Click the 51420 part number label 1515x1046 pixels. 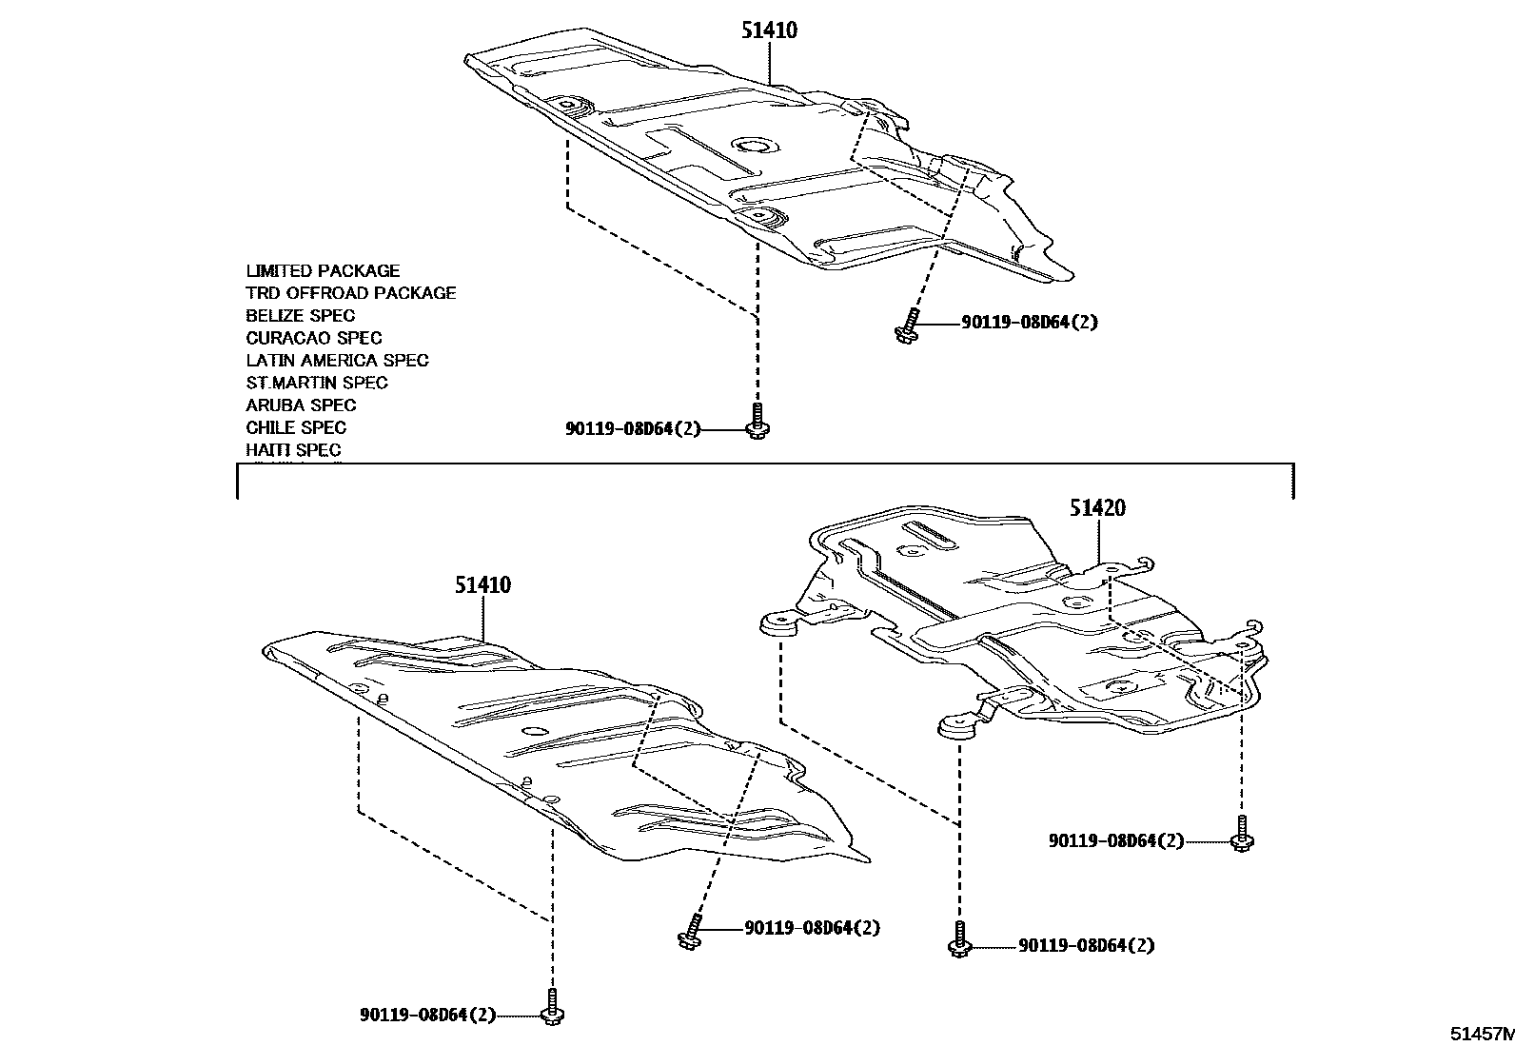pyautogui.click(x=1096, y=508)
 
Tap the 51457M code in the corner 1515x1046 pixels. pyautogui.click(x=1481, y=1034)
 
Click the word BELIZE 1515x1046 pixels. pyautogui.click(x=274, y=316)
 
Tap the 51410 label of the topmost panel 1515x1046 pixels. pyautogui.click(x=769, y=30)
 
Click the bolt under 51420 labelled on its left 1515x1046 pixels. pyautogui.click(x=1241, y=832)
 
